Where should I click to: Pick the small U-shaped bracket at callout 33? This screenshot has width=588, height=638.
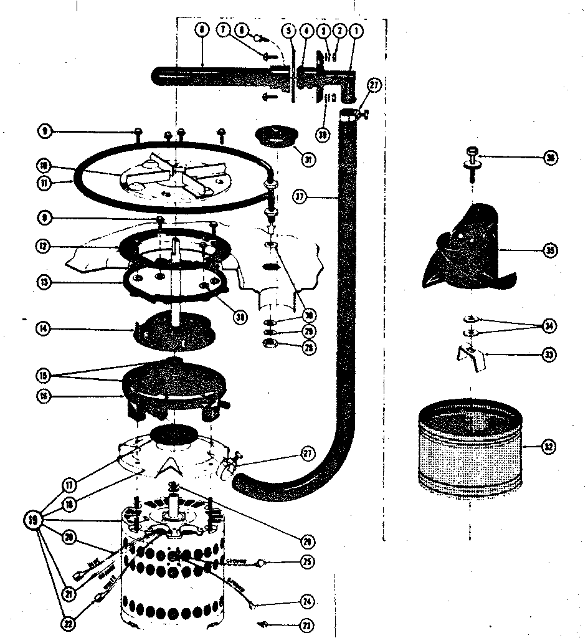pyautogui.click(x=468, y=359)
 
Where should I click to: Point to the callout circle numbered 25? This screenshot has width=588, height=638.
pyautogui.click(x=306, y=561)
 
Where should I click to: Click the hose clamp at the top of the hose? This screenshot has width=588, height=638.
pyautogui.click(x=352, y=114)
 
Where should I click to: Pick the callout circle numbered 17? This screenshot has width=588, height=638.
pyautogui.click(x=68, y=483)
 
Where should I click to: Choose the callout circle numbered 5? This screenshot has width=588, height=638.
pyautogui.click(x=288, y=29)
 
